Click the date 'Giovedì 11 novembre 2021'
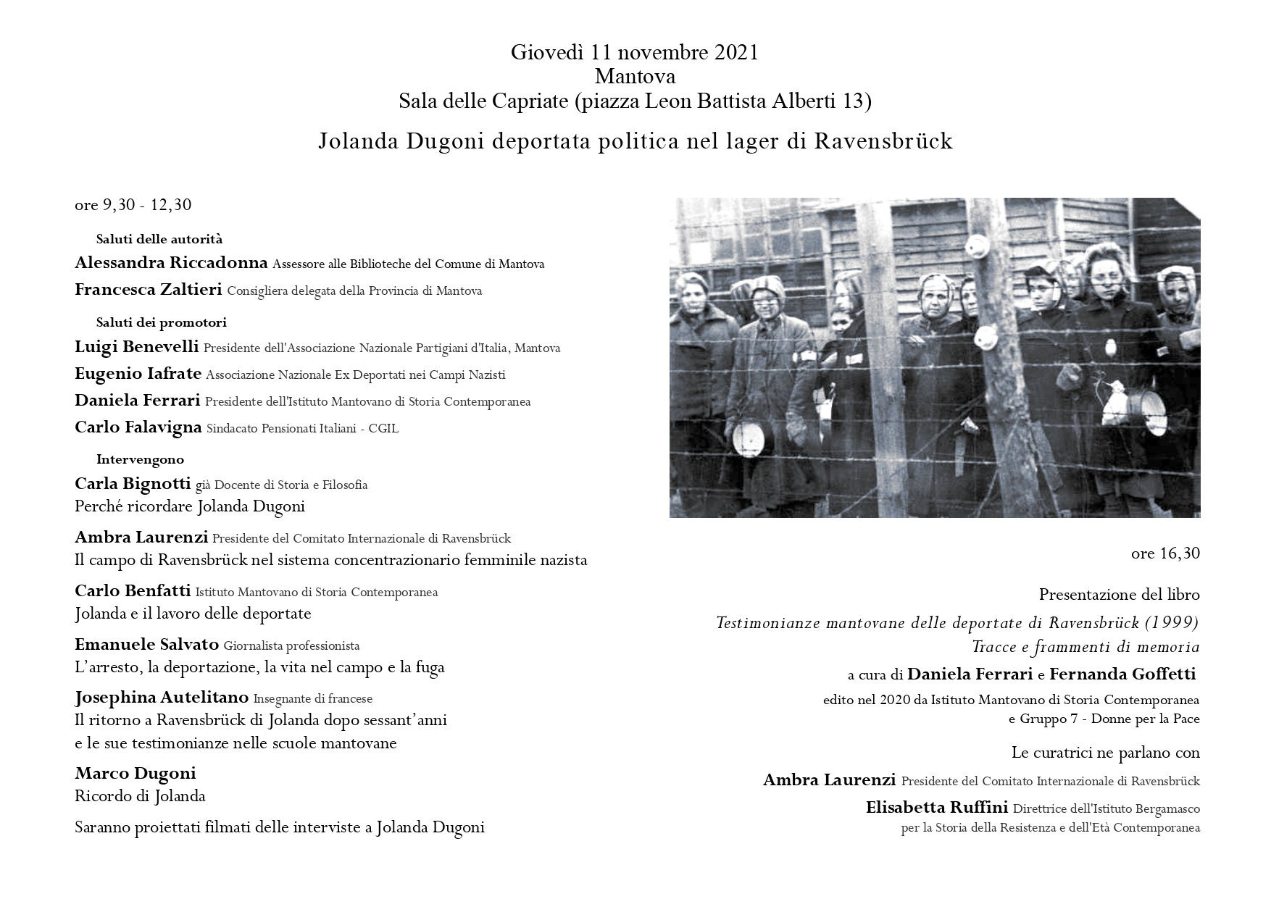click(x=635, y=53)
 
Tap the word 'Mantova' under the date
click(x=635, y=77)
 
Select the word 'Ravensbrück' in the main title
click(x=883, y=141)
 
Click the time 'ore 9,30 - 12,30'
click(x=133, y=205)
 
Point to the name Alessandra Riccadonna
click(x=171, y=263)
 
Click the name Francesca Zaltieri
click(x=148, y=290)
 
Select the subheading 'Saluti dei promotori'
click(x=161, y=322)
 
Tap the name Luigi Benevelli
click(x=136, y=347)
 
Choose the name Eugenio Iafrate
click(x=138, y=374)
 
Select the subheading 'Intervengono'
click(x=140, y=459)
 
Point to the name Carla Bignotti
click(x=133, y=484)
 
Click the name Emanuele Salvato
click(x=146, y=645)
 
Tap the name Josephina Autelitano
click(x=162, y=698)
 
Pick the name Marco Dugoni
click(x=136, y=773)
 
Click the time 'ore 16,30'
click(x=1165, y=554)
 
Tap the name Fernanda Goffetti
click(x=1122, y=674)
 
